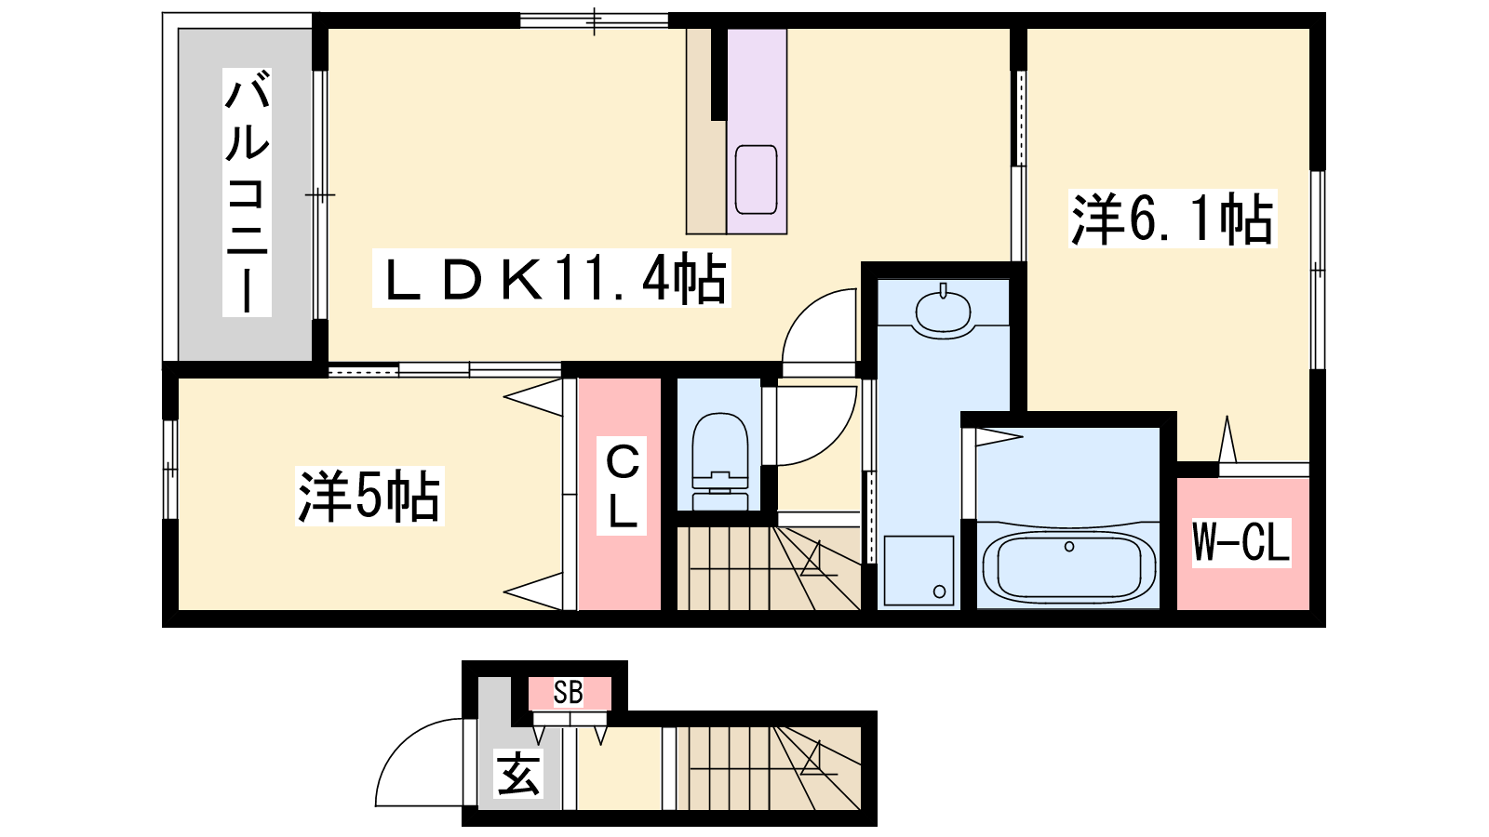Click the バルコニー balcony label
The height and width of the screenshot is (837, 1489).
tap(247, 192)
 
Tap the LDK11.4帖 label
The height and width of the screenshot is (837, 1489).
tap(552, 278)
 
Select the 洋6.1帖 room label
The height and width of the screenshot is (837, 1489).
tap(1173, 219)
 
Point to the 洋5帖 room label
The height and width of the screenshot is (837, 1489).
tap(369, 497)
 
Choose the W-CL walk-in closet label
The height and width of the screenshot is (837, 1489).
tap(1241, 543)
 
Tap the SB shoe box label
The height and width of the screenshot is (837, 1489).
tap(569, 693)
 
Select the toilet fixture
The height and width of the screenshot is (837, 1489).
tap(720, 461)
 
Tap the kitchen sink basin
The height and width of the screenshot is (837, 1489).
tap(757, 179)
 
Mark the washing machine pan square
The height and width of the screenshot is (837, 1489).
tap(919, 571)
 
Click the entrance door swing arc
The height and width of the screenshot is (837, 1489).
tap(406, 744)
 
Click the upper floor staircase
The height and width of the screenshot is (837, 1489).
tap(769, 568)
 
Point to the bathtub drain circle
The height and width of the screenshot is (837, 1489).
tap(1069, 547)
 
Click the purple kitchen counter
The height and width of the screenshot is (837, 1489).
tap(757, 131)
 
